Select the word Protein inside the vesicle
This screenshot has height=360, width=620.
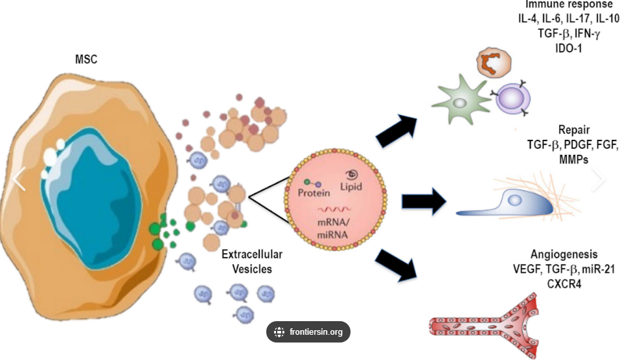(x=314, y=192)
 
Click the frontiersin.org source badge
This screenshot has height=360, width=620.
(x=308, y=332)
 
